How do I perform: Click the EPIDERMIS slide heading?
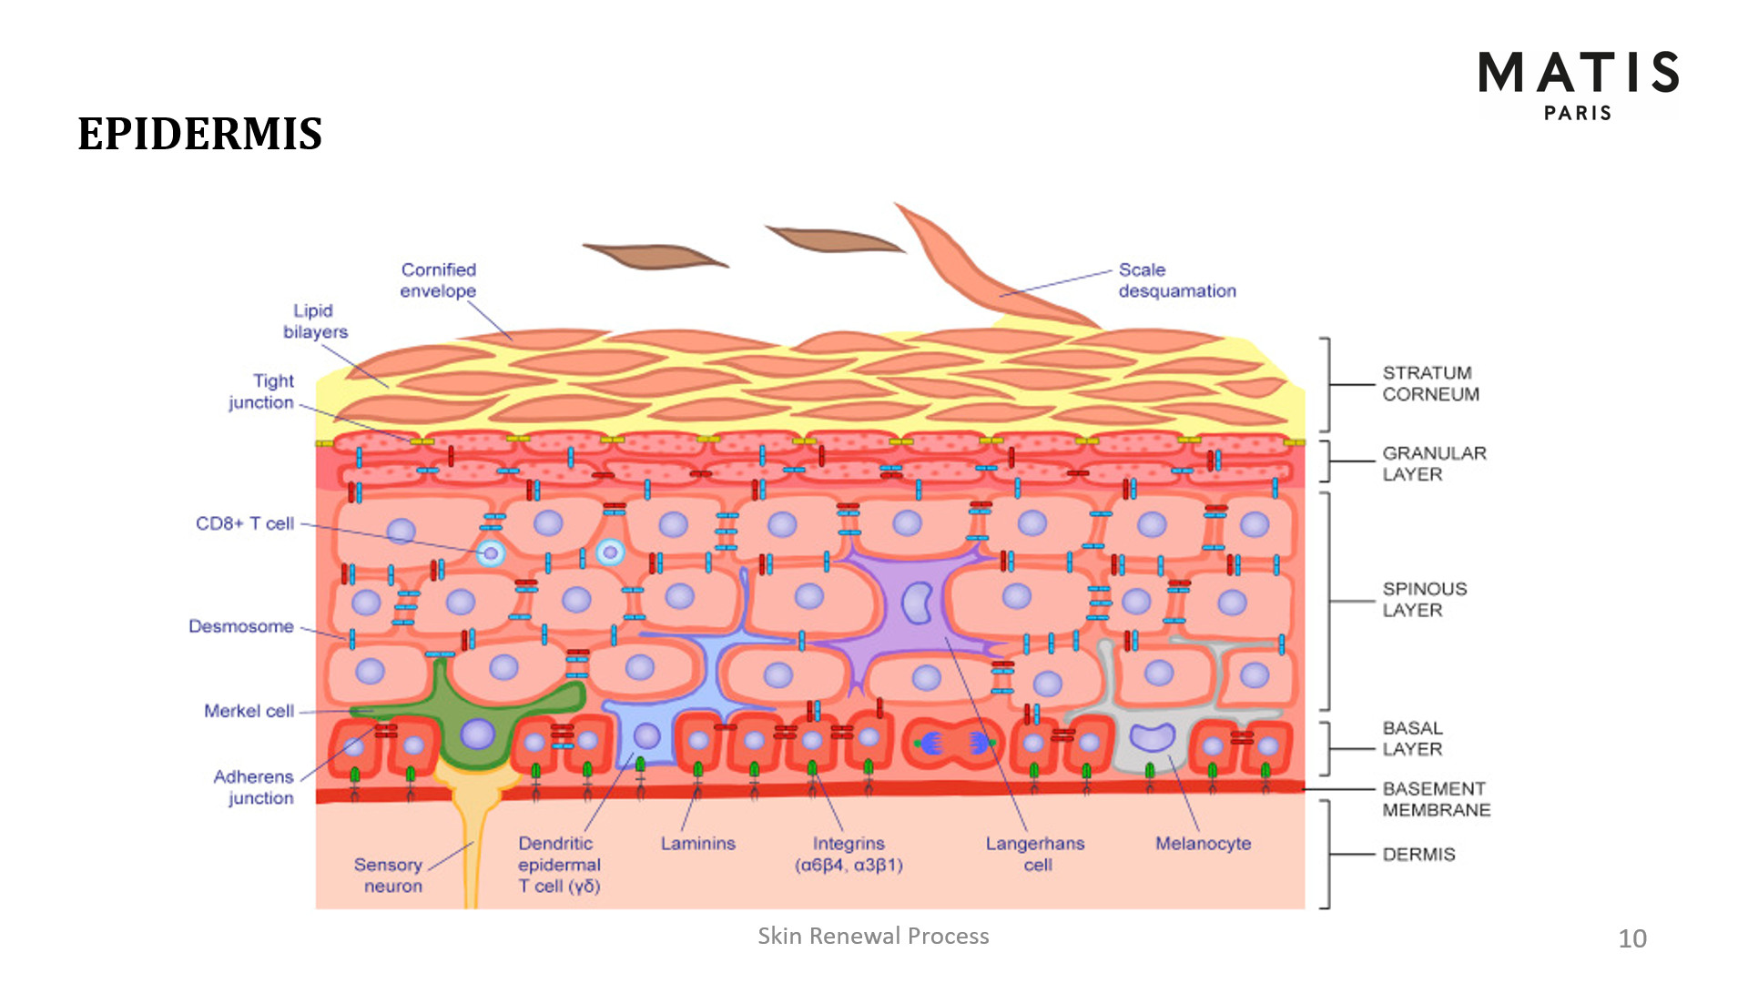tap(200, 135)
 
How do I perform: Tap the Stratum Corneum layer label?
tap(1430, 383)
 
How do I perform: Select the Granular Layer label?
tap(1434, 463)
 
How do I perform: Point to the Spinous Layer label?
tap(1425, 599)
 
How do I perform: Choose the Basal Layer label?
tap(1412, 738)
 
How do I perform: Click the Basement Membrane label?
tap(1436, 799)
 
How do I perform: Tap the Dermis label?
tap(1418, 854)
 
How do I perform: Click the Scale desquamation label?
tap(1177, 280)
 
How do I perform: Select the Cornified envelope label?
tap(439, 280)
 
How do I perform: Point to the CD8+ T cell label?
tap(245, 523)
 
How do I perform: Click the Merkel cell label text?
tap(249, 711)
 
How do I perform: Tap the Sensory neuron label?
tap(389, 875)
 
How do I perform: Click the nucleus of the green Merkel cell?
tap(477, 735)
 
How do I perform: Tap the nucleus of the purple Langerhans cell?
tap(917, 603)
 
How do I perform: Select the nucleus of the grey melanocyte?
tap(1153, 735)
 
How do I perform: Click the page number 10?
tap(1632, 938)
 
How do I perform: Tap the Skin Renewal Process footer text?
tap(873, 936)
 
